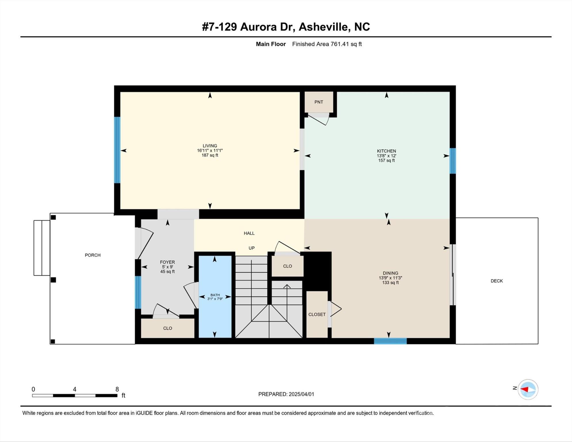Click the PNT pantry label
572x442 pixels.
tap(319, 102)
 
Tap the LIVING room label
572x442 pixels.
tap(210, 146)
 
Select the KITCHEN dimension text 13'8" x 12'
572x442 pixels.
tap(386, 156)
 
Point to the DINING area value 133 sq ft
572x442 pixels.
tap(390, 283)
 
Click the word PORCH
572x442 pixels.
tap(93, 255)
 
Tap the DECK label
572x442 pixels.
tap(497, 281)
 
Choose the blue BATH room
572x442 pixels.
tap(215, 297)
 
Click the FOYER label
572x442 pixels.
tap(167, 262)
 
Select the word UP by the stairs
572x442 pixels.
tap(251, 248)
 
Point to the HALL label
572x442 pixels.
tap(249, 233)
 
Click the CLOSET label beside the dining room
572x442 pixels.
tap(317, 315)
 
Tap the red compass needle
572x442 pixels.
tap(524, 389)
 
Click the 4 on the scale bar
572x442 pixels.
tap(75, 389)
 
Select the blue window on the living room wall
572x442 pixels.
tap(117, 150)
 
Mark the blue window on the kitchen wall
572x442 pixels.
tap(453, 161)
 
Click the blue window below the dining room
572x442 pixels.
tap(390, 341)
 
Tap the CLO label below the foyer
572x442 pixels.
tap(167, 328)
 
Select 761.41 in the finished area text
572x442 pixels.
tap(340, 44)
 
